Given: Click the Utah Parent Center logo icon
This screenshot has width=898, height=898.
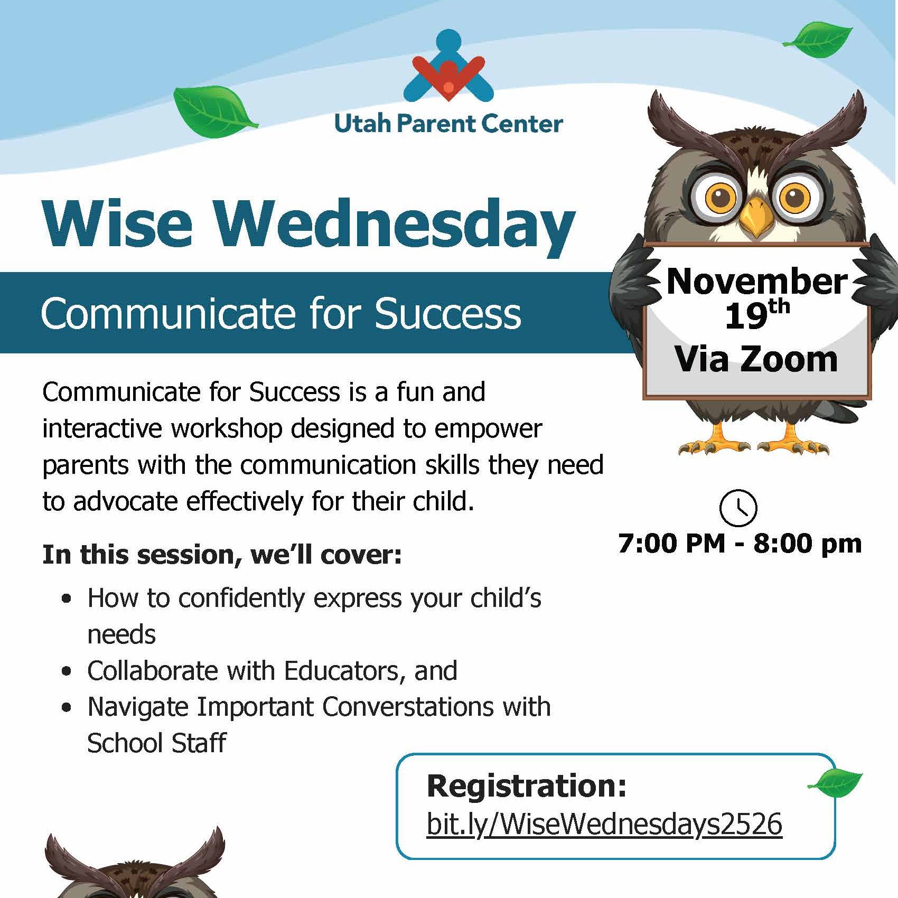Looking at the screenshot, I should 448,66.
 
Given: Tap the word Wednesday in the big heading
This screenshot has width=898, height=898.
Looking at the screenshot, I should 394,224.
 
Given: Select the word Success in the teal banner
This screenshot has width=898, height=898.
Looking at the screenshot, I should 448,314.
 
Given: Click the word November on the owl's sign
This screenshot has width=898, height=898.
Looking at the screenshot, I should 756,282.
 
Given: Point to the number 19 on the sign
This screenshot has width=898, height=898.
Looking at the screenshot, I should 746,317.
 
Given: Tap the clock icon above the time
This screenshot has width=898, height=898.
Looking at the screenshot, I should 738,508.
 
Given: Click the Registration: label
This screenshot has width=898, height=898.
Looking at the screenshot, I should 527,785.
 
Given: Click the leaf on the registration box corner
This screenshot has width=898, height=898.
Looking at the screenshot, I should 835,783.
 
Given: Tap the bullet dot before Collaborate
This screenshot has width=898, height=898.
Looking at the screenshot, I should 66,671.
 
